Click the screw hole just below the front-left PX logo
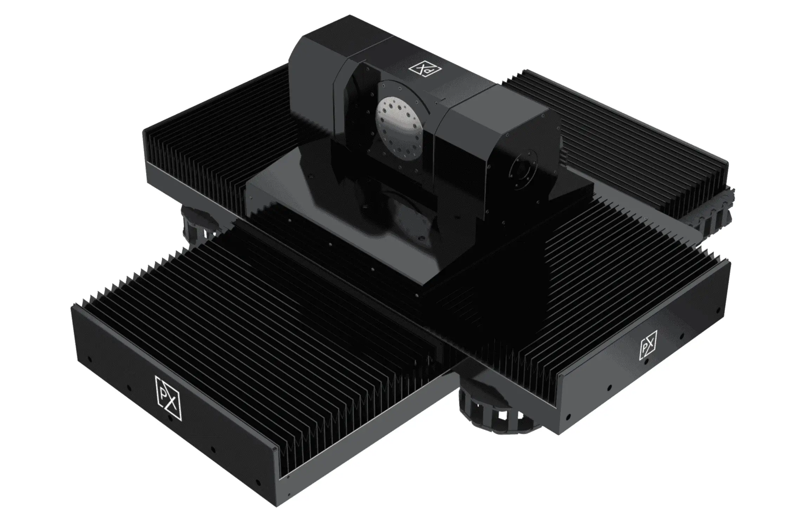click(x=170, y=419)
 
